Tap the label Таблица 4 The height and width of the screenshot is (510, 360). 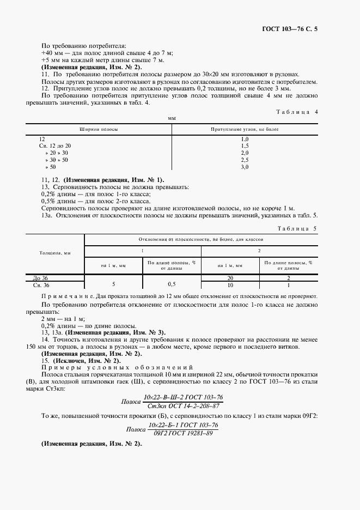(x=297, y=112)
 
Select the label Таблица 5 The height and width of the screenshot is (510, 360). (x=297, y=229)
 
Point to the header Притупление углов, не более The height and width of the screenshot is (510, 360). (x=245, y=129)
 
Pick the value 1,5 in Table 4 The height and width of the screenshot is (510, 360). (x=245, y=146)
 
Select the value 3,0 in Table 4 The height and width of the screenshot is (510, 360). (x=245, y=167)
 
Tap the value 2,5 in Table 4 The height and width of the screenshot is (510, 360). (x=245, y=160)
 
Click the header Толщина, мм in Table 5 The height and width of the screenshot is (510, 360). (x=55, y=253)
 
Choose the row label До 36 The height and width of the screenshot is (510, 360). (x=41, y=278)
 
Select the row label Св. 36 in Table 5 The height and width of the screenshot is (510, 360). (x=41, y=285)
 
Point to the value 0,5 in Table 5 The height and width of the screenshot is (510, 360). (x=172, y=284)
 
